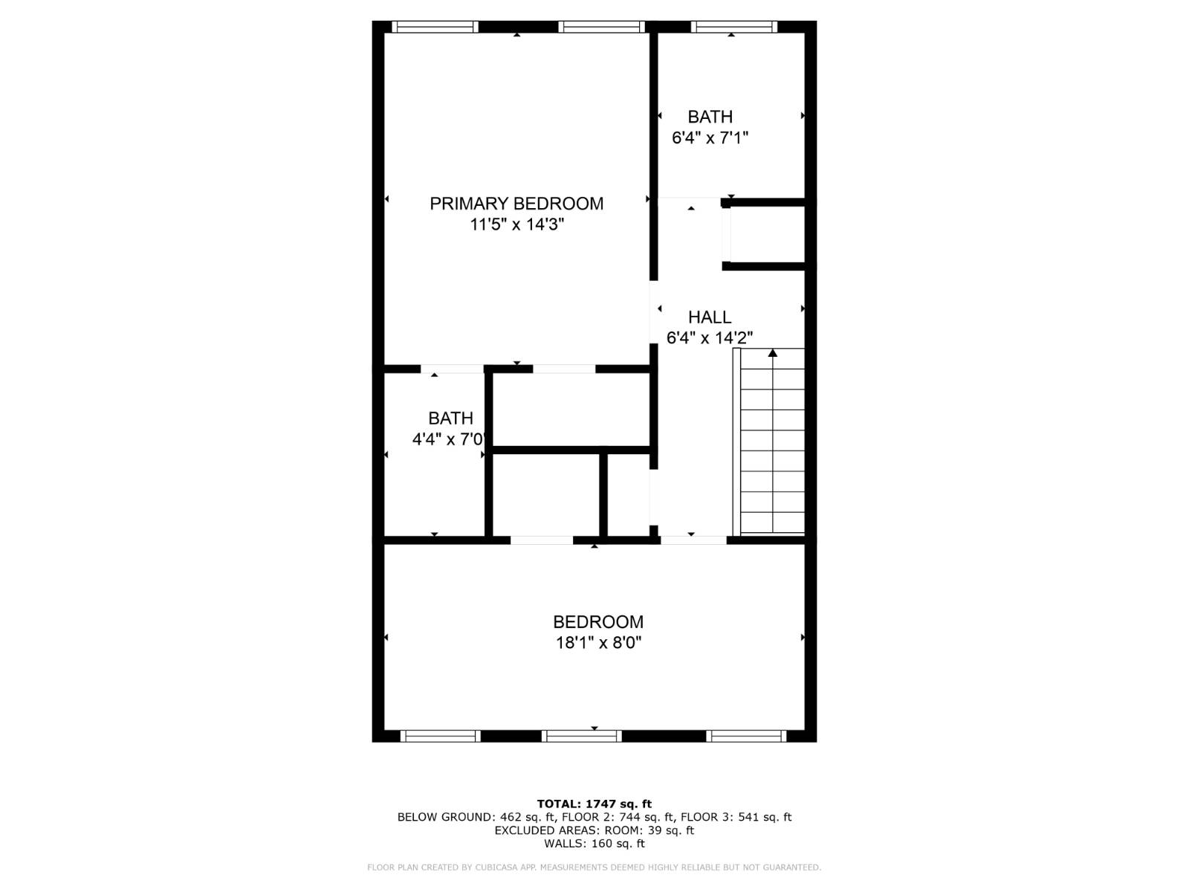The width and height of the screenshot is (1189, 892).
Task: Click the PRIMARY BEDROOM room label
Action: [x=516, y=203]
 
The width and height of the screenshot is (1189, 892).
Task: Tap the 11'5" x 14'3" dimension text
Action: [x=516, y=224]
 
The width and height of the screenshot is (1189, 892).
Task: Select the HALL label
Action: [x=710, y=317]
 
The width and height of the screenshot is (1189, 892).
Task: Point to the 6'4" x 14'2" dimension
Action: [x=710, y=338]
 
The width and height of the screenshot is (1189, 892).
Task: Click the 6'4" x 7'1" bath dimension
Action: [x=710, y=138]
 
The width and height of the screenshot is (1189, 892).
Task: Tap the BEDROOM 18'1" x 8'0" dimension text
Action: [x=598, y=643]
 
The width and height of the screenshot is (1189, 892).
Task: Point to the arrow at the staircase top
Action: [x=773, y=353]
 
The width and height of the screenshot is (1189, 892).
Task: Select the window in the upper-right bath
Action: [x=733, y=27]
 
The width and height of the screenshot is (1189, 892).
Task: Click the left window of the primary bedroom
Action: [x=435, y=27]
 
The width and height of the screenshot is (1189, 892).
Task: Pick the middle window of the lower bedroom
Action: [x=581, y=736]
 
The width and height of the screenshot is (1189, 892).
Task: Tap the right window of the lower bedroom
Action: [x=745, y=736]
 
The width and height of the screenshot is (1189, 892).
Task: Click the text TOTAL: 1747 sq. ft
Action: [x=594, y=804]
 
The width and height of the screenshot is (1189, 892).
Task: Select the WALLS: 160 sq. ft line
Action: [x=594, y=844]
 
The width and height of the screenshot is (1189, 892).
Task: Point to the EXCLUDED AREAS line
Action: [x=594, y=830]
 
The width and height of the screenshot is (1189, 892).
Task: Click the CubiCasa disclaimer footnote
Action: [x=594, y=867]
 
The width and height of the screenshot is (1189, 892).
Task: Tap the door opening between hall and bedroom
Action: [x=693, y=540]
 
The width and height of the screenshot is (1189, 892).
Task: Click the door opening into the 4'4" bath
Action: [x=452, y=369]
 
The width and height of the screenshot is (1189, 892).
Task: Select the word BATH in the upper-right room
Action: [x=710, y=117]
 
